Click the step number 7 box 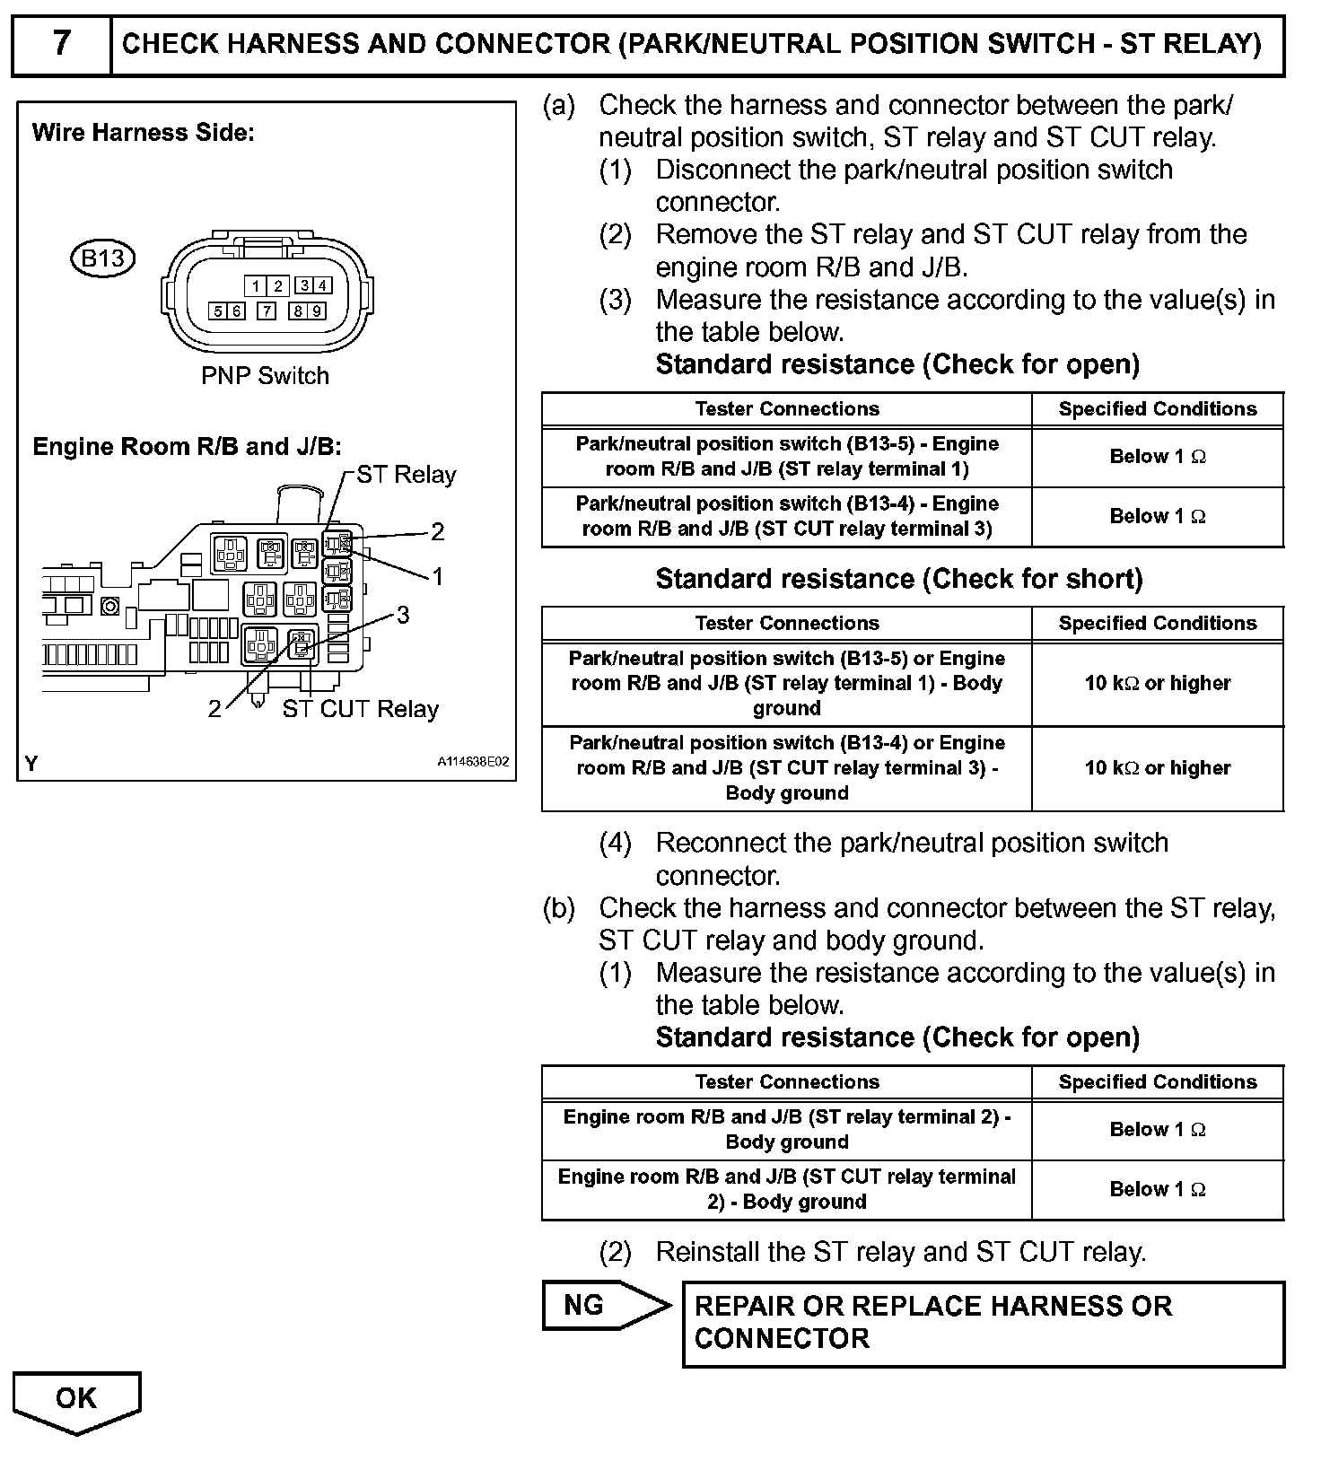click(x=61, y=43)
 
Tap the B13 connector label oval click(x=102, y=258)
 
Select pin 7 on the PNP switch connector click(x=267, y=311)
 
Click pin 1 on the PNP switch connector click(x=256, y=286)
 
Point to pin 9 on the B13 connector click(x=318, y=311)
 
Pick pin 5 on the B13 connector click(x=217, y=311)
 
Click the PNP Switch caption click(x=265, y=375)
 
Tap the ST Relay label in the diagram click(x=406, y=474)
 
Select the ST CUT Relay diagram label click(x=360, y=709)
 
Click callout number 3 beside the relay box click(x=403, y=614)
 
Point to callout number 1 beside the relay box click(x=437, y=576)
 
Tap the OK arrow click(x=76, y=1400)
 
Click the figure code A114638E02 click(x=473, y=762)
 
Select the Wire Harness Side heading click(x=144, y=133)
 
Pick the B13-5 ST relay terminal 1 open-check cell click(x=786, y=456)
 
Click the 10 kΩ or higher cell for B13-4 click(x=1157, y=768)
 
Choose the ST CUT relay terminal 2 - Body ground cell click(x=786, y=1189)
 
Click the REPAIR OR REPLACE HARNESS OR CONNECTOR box click(x=983, y=1323)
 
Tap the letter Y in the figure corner click(x=32, y=764)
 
